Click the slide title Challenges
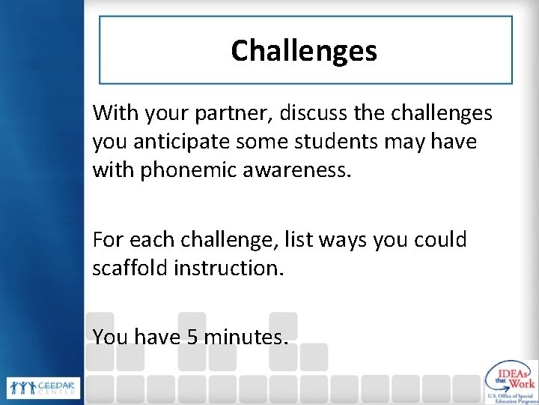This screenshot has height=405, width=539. coord(304,51)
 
